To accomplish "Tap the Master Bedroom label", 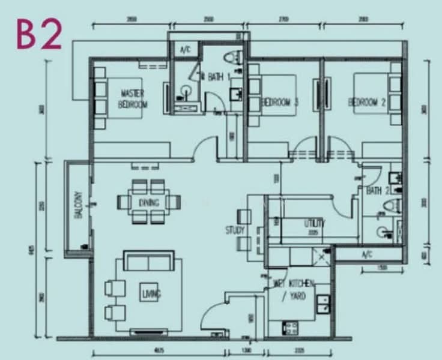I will click(133, 98).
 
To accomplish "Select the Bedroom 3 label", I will click(280, 102).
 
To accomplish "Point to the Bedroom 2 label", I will click(368, 102).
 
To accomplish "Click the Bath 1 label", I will click(216, 77).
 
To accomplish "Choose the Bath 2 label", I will click(378, 190).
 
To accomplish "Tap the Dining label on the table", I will click(149, 202).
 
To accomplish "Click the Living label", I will click(150, 294).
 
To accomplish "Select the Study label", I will click(235, 230).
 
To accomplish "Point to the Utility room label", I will click(313, 223).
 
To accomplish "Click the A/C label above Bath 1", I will click(185, 50).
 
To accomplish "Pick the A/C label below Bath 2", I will click(367, 254).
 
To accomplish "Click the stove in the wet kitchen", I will click(291, 328).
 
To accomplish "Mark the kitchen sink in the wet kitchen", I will click(323, 303).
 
